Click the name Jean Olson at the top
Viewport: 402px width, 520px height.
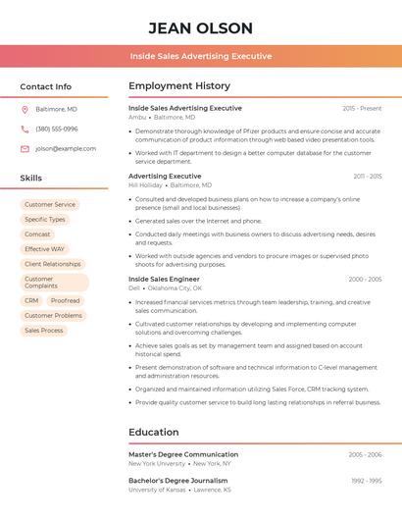201,27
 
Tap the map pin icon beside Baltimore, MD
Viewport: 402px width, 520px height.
25,109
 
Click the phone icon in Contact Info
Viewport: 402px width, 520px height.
25,129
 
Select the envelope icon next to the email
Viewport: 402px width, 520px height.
25,149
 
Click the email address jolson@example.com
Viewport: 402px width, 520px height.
60,149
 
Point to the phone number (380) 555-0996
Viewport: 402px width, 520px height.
57,129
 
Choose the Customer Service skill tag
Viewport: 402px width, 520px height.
50,205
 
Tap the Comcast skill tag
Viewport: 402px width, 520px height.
37,234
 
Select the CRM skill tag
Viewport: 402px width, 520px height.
31,301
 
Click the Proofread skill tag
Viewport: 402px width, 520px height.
65,301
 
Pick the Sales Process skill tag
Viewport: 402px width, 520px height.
43,331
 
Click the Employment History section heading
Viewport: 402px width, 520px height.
179,86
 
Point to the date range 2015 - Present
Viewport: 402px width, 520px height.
362,108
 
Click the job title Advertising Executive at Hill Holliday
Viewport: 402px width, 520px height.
165,177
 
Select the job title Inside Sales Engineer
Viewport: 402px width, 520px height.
164,280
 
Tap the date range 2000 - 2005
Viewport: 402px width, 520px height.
365,280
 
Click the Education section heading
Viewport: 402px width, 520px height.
154,432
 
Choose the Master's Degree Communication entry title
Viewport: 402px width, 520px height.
183,454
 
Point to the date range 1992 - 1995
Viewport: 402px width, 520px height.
367,481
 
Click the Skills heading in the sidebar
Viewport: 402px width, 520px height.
31,178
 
